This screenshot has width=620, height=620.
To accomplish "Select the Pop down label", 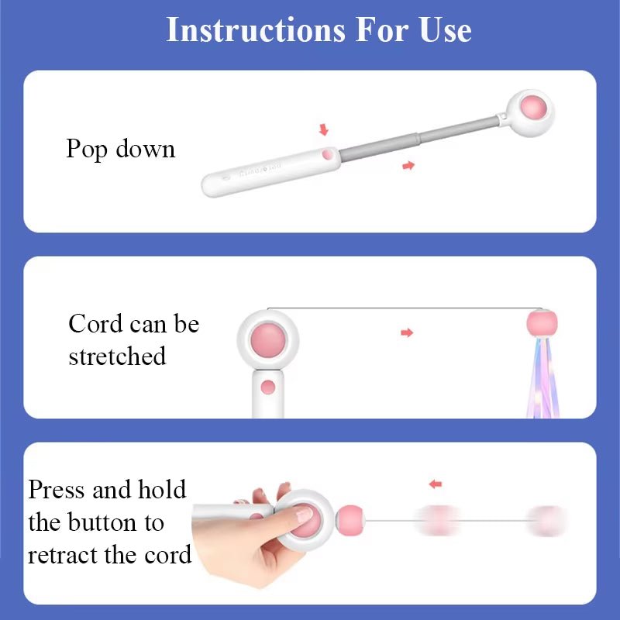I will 120,149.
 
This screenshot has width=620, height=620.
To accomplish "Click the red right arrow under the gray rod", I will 408,165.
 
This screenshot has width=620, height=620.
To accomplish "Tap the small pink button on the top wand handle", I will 328,154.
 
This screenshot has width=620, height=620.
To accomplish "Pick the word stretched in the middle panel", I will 117,356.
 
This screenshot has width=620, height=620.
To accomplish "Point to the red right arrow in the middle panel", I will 407,332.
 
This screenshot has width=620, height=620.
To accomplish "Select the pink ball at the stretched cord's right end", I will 542,322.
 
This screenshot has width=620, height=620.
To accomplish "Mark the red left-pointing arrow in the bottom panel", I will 436,484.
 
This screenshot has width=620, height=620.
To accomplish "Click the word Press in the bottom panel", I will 57,490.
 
